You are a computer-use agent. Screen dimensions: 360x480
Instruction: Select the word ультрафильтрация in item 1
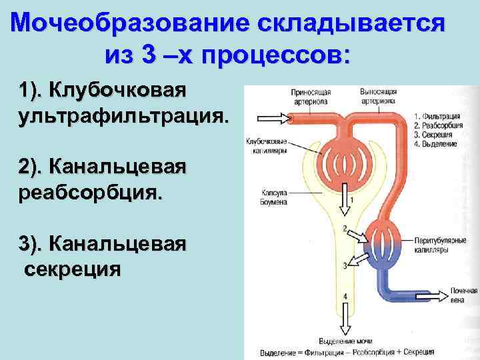pos(123,117)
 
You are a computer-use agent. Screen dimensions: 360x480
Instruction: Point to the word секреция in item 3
pos(73,269)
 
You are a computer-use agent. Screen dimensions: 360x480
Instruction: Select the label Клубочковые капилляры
pos(266,145)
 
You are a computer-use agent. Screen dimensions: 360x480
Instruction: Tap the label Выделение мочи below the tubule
pos(345,341)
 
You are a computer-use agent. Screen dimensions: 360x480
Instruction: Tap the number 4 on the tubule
pos(345,295)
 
